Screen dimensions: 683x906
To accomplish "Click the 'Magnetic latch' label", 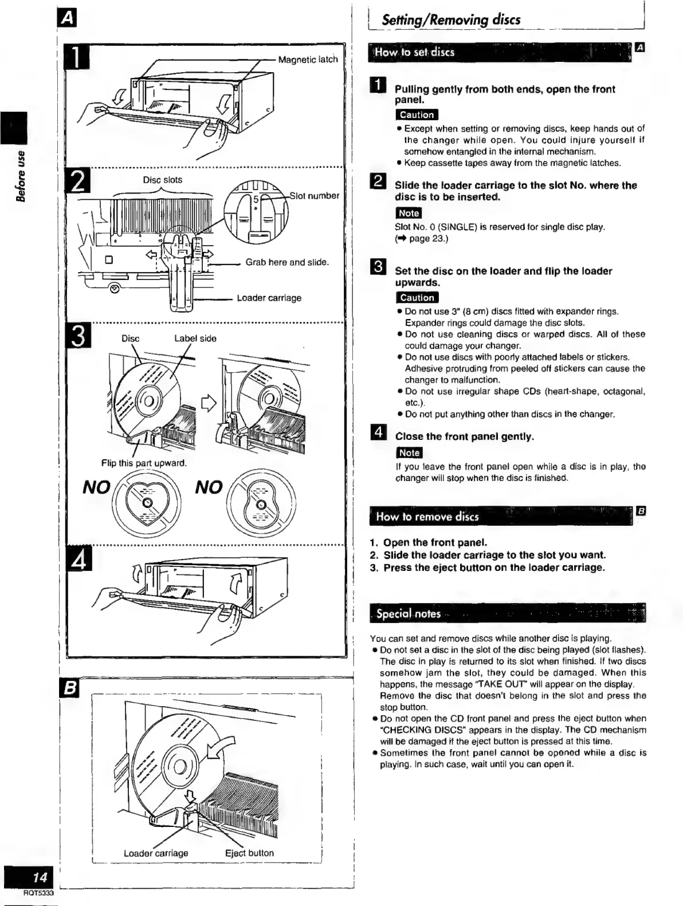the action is tap(308, 60).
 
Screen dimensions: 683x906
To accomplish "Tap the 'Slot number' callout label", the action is tap(314, 196).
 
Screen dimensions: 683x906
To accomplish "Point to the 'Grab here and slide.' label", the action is tap(287, 262).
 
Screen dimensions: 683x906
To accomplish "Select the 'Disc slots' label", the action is tap(162, 180).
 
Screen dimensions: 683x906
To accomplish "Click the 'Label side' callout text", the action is tap(195, 338).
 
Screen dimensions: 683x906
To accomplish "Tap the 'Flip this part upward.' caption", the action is tap(144, 463).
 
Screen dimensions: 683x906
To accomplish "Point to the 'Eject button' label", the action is tap(249, 853).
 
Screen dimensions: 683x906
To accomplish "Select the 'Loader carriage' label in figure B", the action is tap(156, 853).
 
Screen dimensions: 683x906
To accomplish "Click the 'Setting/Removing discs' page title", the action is tap(451, 20).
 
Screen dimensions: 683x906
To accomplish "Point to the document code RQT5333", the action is tap(38, 893).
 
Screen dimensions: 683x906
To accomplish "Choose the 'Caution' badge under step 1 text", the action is tap(417, 115).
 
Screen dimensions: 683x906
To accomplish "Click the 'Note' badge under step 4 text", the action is tap(409, 453).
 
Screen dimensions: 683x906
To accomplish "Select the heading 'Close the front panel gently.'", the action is tap(464, 437).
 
